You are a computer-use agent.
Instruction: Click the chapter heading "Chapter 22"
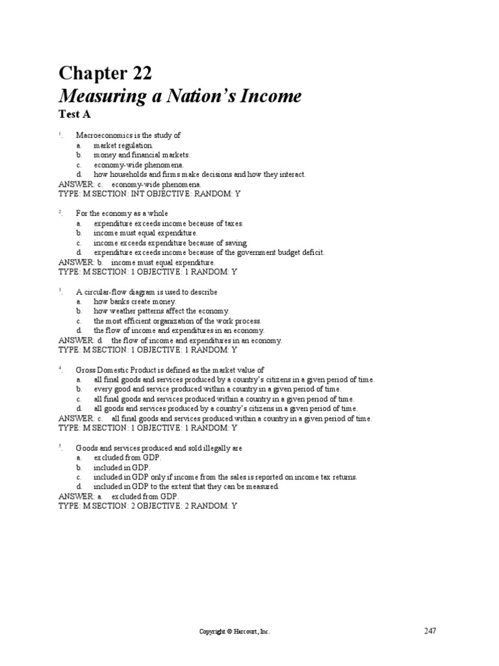[x=105, y=73]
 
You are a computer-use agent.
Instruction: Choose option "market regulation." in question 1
[x=123, y=145]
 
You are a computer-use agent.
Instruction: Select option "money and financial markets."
[x=142, y=155]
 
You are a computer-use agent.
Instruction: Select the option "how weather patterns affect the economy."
[x=161, y=311]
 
